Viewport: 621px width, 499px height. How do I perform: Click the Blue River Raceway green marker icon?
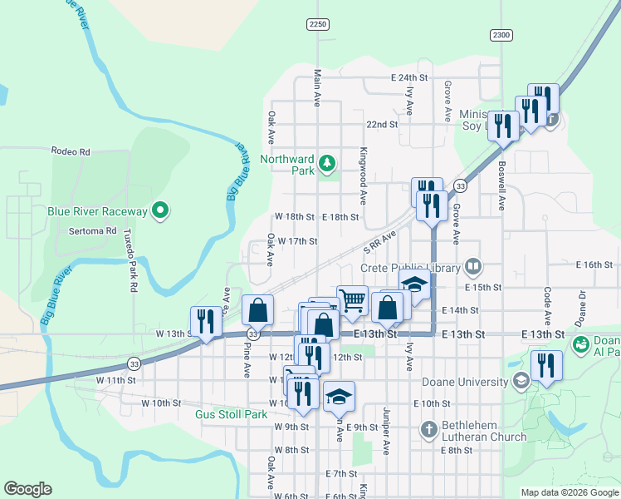pyautogui.click(x=161, y=211)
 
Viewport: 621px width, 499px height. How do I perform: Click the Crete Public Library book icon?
pyautogui.click(x=473, y=267)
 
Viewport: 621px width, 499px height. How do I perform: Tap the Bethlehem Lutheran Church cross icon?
pyautogui.click(x=428, y=430)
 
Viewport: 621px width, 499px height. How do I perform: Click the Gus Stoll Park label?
pyautogui.click(x=231, y=413)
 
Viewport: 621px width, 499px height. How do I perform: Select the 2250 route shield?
pyautogui.click(x=317, y=24)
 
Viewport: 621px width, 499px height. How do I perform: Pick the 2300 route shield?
pyautogui.click(x=501, y=34)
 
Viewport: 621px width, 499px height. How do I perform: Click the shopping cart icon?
pyautogui.click(x=353, y=299)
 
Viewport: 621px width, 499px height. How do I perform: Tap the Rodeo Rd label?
pyautogui.click(x=70, y=151)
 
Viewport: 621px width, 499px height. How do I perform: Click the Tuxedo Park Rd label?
pyautogui.click(x=133, y=259)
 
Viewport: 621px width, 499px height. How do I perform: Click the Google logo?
pyautogui.click(x=27, y=489)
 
